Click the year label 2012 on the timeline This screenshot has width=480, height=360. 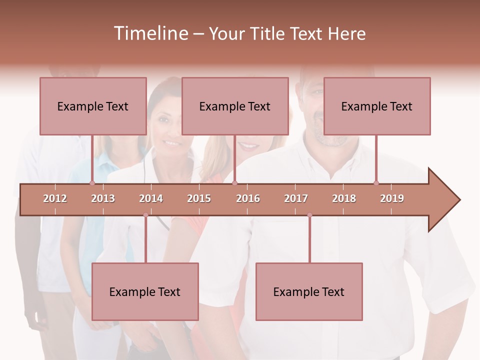point(55,198)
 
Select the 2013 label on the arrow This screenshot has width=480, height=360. point(103,198)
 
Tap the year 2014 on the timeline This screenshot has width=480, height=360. point(151,198)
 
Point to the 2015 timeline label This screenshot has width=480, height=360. point(199,198)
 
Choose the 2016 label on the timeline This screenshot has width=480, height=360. point(248,198)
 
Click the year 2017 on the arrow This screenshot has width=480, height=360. point(296,198)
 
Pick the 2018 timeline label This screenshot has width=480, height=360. point(344,198)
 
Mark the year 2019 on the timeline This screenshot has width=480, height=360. point(392,198)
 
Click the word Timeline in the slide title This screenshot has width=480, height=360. point(150,33)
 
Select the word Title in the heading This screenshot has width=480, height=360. point(269,33)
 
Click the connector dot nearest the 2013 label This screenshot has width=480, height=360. point(92,183)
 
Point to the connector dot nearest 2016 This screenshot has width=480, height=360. point(234,183)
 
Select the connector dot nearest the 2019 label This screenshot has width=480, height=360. point(376,183)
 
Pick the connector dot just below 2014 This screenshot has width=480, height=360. point(145,215)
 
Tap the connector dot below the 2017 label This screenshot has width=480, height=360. point(309,215)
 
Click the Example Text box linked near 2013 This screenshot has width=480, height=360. point(93,106)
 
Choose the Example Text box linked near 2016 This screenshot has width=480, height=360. point(235,106)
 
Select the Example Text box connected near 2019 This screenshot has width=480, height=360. point(377,106)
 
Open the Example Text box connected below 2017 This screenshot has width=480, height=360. point(309,291)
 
